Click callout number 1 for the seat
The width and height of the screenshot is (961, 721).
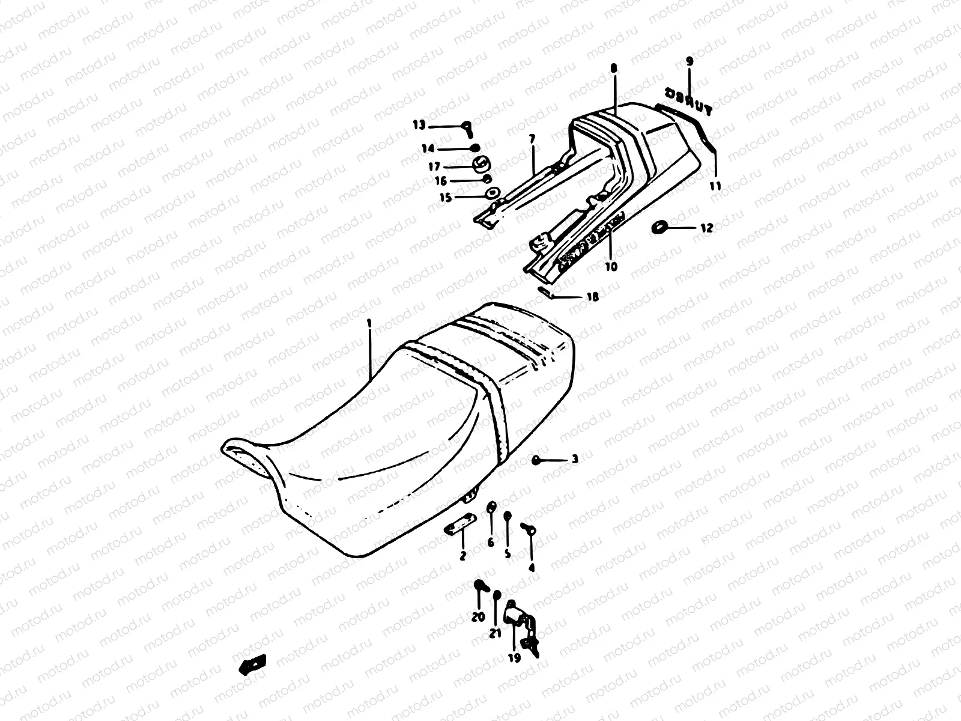(x=369, y=323)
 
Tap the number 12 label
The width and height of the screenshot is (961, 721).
(x=706, y=228)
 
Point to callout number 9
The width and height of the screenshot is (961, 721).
(x=689, y=61)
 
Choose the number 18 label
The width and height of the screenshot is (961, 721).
(x=592, y=297)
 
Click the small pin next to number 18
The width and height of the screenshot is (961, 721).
(x=547, y=292)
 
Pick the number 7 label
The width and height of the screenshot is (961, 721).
(x=532, y=139)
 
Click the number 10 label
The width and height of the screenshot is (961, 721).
(x=611, y=266)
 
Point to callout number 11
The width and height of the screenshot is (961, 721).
(x=715, y=187)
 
